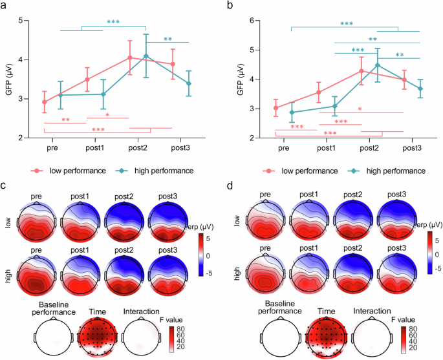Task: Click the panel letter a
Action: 5,6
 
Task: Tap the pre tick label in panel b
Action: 283,148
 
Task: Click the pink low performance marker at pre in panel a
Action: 44,102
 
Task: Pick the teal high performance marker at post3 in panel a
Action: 188,83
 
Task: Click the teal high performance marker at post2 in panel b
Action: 377,65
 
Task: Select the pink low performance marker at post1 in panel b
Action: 318,92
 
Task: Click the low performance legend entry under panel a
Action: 66,171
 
